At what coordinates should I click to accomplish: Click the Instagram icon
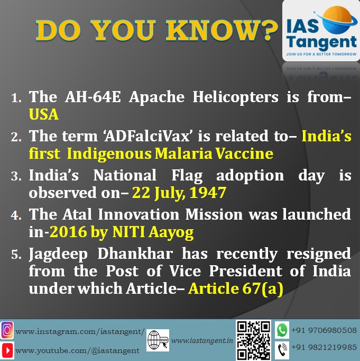click(x=7, y=330)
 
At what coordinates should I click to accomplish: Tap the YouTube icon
click(x=7, y=350)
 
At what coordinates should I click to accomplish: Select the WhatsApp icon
click(x=282, y=330)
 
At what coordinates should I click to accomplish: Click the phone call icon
click(x=282, y=350)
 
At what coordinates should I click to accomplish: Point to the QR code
click(x=254, y=340)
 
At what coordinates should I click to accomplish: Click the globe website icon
click(x=158, y=340)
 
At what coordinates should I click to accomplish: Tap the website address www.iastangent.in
click(x=202, y=340)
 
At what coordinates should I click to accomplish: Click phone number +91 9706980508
click(x=324, y=330)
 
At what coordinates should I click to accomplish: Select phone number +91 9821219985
click(x=324, y=347)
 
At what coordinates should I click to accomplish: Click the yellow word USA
click(x=44, y=114)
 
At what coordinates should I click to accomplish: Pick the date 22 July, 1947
click(x=179, y=193)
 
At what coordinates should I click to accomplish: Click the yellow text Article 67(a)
click(x=236, y=288)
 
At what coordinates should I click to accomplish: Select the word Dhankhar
click(x=135, y=254)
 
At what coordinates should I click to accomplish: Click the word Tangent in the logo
click(x=321, y=43)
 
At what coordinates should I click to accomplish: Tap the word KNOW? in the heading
click(x=222, y=30)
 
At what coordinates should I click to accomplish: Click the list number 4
click(x=16, y=215)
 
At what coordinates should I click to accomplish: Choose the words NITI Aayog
click(x=153, y=232)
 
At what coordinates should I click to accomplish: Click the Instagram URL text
click(x=80, y=332)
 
